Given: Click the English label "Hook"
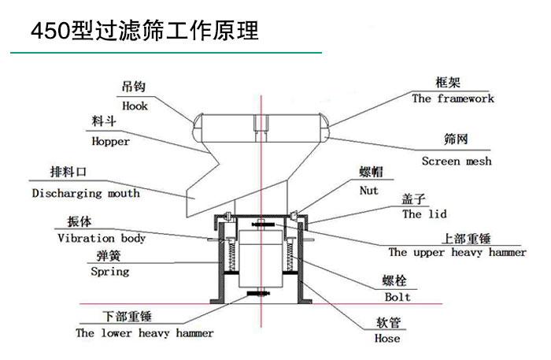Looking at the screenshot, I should [x=135, y=106].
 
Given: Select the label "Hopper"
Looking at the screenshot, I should [x=110, y=142].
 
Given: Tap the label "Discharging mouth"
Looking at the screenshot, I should [x=86, y=193].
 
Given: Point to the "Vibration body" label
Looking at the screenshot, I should [x=102, y=238].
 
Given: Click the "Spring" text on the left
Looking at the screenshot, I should [x=109, y=272].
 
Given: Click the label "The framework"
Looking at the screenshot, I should [x=453, y=99].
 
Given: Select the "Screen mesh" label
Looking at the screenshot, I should [x=456, y=161].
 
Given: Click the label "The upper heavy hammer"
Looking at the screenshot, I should [x=457, y=253].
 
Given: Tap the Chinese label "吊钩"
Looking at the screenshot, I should [x=134, y=88].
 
